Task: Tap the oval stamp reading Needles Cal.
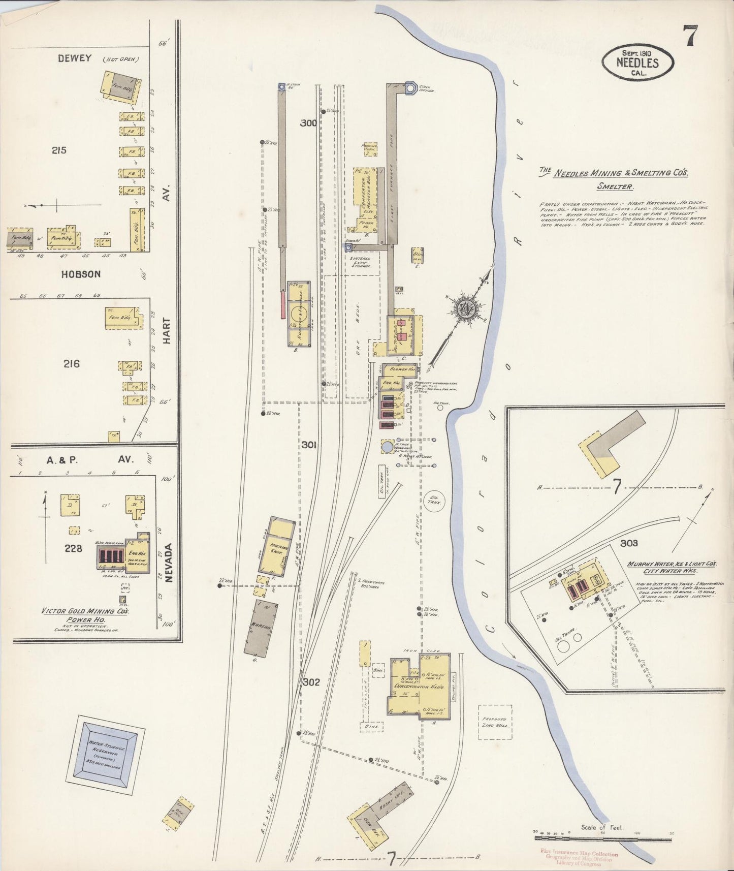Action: (637, 63)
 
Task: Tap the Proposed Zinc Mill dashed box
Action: (495, 722)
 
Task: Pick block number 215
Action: (59, 150)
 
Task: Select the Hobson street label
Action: (81, 274)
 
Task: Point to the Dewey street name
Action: (75, 58)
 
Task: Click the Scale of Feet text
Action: (602, 827)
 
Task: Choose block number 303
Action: (628, 543)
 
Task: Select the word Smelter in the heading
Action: (615, 186)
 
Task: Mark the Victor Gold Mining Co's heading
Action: (85, 611)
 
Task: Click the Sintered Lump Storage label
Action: (361, 262)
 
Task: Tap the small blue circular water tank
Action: (388, 447)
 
